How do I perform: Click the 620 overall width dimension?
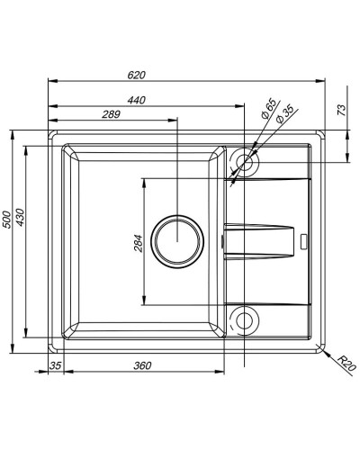(x=138, y=76)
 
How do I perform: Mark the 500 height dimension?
(x=7, y=220)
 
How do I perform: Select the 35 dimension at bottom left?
(x=55, y=364)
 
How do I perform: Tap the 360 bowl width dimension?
(x=140, y=364)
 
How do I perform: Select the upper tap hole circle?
(x=245, y=161)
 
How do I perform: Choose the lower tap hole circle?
(x=245, y=319)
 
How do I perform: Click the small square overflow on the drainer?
(x=303, y=240)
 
